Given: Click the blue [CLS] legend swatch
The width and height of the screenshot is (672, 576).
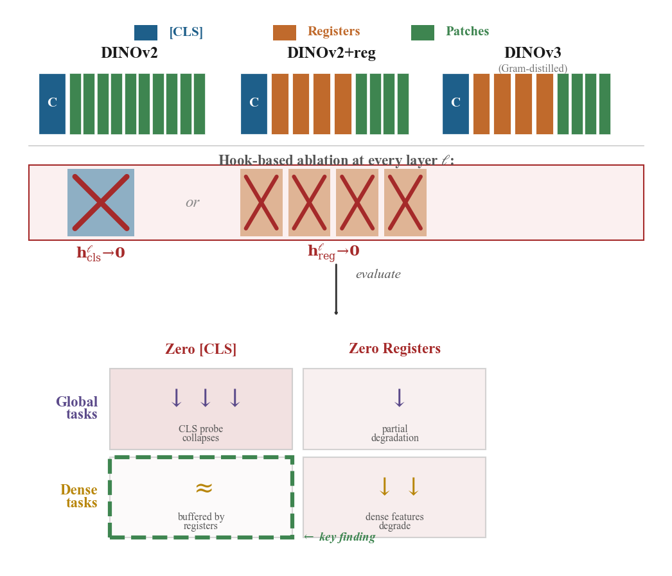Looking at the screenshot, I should pos(145,33).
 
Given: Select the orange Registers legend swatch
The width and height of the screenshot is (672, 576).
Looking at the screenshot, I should pos(284,33).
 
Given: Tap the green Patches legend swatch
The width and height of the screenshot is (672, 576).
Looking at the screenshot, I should pos(422,33).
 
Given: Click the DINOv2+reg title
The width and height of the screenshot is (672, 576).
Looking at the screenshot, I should pos(331,53).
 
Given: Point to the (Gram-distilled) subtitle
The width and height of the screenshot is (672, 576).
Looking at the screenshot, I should pos(533,69).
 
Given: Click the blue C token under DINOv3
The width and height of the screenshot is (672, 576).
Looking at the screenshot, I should pos(455,103).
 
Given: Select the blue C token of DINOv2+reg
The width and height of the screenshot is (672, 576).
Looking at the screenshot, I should pos(254,103).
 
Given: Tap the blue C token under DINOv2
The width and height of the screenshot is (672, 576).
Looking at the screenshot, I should pos(52,103).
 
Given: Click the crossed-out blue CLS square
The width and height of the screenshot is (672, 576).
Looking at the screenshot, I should pos(101,202).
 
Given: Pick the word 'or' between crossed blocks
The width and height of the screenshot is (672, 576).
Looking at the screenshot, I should pos(192,203).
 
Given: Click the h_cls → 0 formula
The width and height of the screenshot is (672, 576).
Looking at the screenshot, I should pos(101,253).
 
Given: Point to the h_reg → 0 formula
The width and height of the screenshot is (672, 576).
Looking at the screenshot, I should pos(333,252).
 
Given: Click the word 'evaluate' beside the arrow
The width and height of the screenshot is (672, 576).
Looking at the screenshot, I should pos(378,275).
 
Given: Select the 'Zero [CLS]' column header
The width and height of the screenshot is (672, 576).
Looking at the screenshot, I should pos(200,349).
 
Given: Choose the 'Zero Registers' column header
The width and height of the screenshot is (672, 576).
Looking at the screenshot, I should pos(394,349).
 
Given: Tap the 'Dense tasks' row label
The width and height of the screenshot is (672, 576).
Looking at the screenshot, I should pos(80,496).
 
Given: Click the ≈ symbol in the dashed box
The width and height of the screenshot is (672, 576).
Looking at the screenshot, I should pos(204,489).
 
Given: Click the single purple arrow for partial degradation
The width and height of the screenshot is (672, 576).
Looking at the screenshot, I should pos(399,399).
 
